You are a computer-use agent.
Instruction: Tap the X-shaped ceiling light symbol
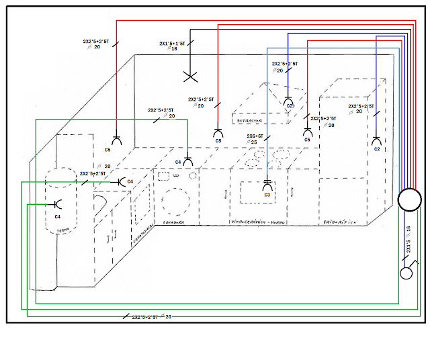pyautogui.click(x=191, y=77)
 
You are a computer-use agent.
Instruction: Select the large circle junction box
pyautogui.click(x=408, y=199)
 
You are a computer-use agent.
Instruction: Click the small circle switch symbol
pyautogui.click(x=406, y=273)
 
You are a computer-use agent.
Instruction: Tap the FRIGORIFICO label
pyautogui.click(x=344, y=221)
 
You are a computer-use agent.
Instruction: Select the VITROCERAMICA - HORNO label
pyautogui.click(x=259, y=222)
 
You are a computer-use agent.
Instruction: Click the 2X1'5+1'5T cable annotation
pyautogui.click(x=173, y=43)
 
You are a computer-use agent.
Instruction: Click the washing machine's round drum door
pyautogui.click(x=176, y=199)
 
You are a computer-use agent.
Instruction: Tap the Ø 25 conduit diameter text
pyautogui.click(x=253, y=142)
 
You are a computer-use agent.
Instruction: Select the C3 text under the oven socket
pyautogui.click(x=267, y=195)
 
